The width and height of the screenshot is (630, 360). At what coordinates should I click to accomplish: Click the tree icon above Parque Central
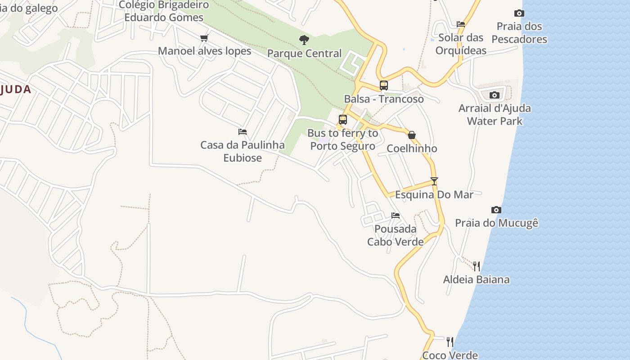(304, 40)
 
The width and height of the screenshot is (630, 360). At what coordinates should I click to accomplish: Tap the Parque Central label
(304, 54)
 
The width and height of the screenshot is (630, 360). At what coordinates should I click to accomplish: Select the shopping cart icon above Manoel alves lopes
(204, 38)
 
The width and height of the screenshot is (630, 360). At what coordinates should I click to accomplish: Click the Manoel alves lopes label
(204, 51)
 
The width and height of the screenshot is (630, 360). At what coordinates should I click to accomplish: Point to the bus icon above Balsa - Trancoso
(384, 85)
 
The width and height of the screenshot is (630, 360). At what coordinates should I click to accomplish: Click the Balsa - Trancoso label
(384, 99)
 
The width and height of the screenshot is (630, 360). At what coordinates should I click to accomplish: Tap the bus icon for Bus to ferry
(343, 120)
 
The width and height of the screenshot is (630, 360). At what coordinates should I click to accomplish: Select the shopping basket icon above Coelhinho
(411, 135)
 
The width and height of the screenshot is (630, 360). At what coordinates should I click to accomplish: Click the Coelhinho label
(412, 148)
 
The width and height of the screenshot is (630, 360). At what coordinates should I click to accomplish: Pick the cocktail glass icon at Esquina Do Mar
(434, 181)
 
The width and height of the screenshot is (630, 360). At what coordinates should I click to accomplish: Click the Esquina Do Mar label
(434, 194)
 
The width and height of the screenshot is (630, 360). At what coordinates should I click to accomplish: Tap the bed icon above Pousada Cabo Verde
(396, 216)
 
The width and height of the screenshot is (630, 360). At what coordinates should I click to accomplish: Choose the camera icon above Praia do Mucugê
(496, 210)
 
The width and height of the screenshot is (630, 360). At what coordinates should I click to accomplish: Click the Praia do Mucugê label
(496, 223)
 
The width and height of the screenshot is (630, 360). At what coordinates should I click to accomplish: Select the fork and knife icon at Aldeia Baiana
(477, 266)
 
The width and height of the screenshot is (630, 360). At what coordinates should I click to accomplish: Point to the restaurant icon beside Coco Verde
(450, 342)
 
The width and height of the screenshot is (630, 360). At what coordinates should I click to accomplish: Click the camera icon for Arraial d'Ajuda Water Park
(495, 95)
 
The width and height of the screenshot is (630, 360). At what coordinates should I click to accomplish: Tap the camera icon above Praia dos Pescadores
(519, 13)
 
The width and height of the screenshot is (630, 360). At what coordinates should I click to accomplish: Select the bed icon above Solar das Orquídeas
(461, 24)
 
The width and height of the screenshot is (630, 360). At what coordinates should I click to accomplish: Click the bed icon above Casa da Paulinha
(243, 132)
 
